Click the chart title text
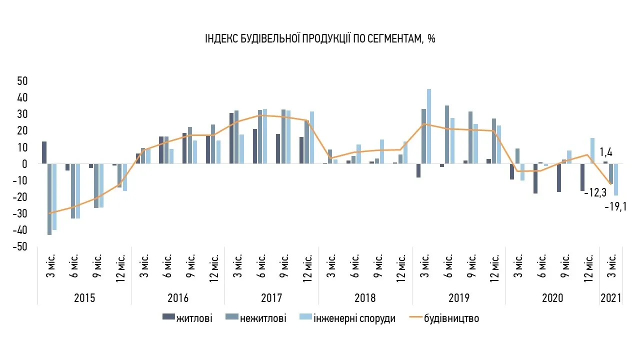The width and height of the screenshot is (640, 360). (x=320, y=39)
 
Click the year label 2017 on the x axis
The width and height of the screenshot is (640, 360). (x=271, y=298)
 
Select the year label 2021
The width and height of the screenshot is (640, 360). (x=611, y=298)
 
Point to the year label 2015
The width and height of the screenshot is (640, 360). (x=84, y=298)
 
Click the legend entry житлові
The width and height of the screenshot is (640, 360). (x=193, y=318)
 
